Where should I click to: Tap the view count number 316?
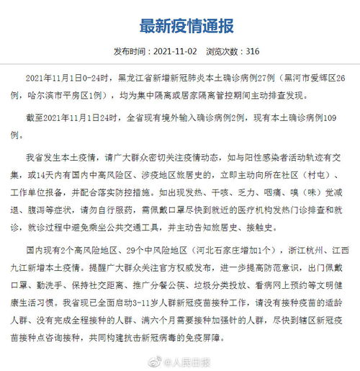[x=253, y=53]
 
